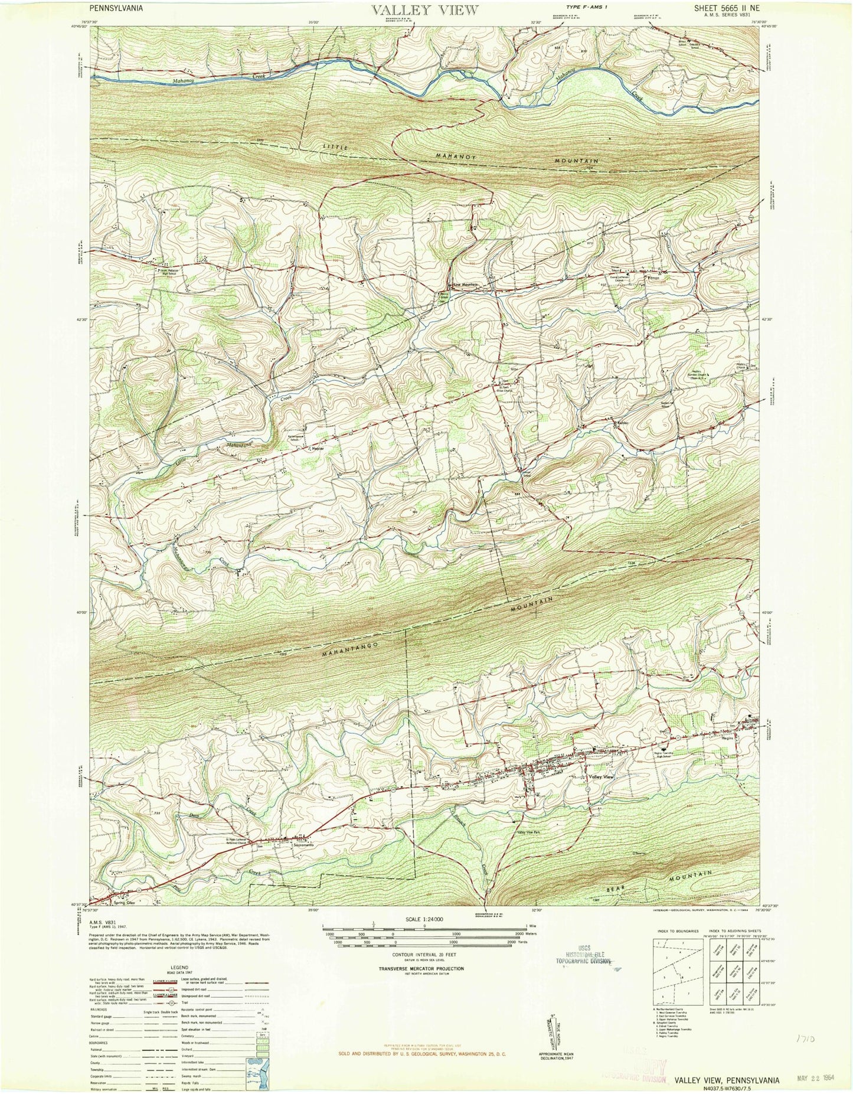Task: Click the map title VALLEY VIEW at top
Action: (424, 10)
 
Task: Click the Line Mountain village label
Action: (465, 285)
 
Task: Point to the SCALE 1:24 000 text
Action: (424, 919)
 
